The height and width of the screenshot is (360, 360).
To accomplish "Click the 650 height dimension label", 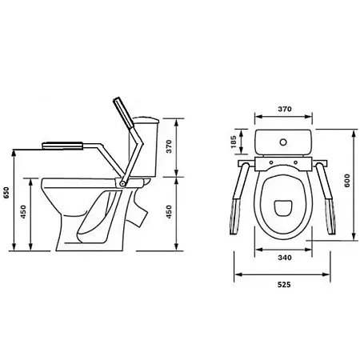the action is click(x=6, y=193).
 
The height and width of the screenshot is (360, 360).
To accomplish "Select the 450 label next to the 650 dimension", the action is click(x=24, y=212).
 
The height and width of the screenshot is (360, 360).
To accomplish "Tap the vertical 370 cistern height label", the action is click(x=169, y=146).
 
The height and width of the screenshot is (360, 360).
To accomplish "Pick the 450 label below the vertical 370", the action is click(x=169, y=212).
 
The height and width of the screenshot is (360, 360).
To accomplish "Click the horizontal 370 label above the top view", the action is click(x=285, y=109).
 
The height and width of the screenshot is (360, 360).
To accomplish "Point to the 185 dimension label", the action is click(x=234, y=142).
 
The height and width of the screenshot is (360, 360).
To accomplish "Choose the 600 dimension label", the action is click(x=347, y=181).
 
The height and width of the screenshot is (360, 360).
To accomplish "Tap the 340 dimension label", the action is click(x=285, y=258).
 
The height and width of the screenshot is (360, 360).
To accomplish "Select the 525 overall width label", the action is click(x=284, y=285).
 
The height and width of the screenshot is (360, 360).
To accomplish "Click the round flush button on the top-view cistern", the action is click(x=283, y=142).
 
